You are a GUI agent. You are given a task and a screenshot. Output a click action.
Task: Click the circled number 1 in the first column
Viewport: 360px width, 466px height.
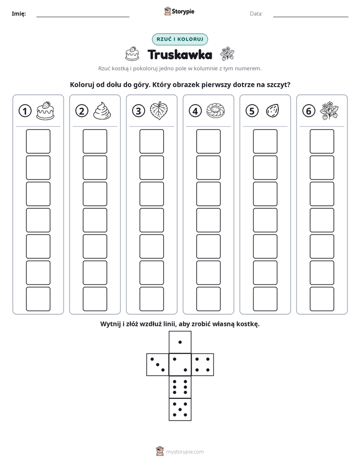[25, 111]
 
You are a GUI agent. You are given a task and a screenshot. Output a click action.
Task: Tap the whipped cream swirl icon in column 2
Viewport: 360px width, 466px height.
[102, 111]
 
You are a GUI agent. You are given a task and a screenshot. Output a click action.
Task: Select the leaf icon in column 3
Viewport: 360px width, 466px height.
[159, 111]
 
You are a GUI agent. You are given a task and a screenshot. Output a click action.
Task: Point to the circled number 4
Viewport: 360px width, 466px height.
[195, 111]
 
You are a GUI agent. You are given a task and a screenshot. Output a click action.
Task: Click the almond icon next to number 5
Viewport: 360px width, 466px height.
[272, 111]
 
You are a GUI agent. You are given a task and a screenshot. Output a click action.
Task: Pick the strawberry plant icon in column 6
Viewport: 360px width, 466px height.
[329, 110]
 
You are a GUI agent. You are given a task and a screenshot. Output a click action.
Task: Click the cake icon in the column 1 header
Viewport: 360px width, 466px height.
[45, 110]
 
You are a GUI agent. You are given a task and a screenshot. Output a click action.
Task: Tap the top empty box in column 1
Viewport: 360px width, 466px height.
[38, 141]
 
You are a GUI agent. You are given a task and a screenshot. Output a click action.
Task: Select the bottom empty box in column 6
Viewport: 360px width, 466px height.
[322, 299]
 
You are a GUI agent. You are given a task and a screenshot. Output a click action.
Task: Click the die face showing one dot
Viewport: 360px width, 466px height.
[180, 342]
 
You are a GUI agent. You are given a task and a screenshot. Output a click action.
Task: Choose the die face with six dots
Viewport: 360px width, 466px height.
[180, 387]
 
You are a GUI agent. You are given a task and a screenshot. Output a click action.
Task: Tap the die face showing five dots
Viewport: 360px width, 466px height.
[180, 409]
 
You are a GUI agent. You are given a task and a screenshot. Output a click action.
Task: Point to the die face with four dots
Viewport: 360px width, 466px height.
[203, 365]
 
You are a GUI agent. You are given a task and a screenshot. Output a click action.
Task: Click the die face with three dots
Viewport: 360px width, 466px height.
[158, 365]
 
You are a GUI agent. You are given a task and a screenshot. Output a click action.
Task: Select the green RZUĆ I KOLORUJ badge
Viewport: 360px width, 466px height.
[180, 39]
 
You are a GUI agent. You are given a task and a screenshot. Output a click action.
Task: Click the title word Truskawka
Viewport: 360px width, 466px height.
[180, 54]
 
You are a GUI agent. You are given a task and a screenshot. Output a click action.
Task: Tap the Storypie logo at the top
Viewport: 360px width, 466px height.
[179, 12]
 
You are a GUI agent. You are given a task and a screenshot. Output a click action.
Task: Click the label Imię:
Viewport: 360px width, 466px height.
[19, 14]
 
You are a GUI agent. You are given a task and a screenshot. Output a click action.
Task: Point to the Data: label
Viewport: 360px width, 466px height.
[256, 14]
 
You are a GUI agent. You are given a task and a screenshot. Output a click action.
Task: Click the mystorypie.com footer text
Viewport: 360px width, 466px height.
[185, 452]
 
